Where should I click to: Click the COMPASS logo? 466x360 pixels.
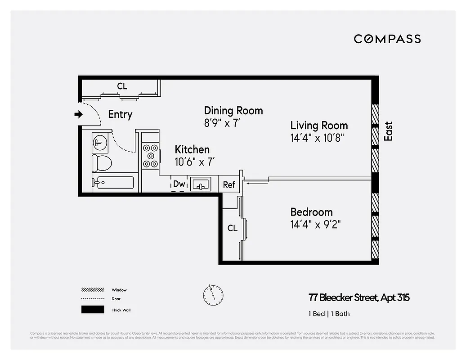(x=387, y=39)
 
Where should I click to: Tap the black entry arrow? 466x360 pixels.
(x=79, y=114)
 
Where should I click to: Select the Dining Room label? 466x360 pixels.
(x=233, y=111)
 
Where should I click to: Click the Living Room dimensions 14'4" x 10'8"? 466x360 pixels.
(x=318, y=138)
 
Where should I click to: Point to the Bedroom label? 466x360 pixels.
(x=311, y=212)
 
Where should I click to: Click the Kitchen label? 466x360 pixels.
(x=192, y=149)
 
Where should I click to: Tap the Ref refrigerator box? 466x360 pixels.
(x=229, y=184)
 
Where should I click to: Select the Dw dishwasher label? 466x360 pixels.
(x=179, y=184)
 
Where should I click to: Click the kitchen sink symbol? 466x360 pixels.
(x=201, y=184)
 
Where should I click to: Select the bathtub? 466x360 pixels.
(x=113, y=183)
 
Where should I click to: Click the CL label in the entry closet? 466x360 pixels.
(x=122, y=86)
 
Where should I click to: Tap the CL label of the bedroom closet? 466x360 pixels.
(x=232, y=228)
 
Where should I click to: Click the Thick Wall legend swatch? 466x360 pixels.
(x=92, y=310)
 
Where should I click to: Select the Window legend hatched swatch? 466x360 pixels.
(x=92, y=290)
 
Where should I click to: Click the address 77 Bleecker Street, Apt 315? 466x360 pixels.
(x=359, y=297)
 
